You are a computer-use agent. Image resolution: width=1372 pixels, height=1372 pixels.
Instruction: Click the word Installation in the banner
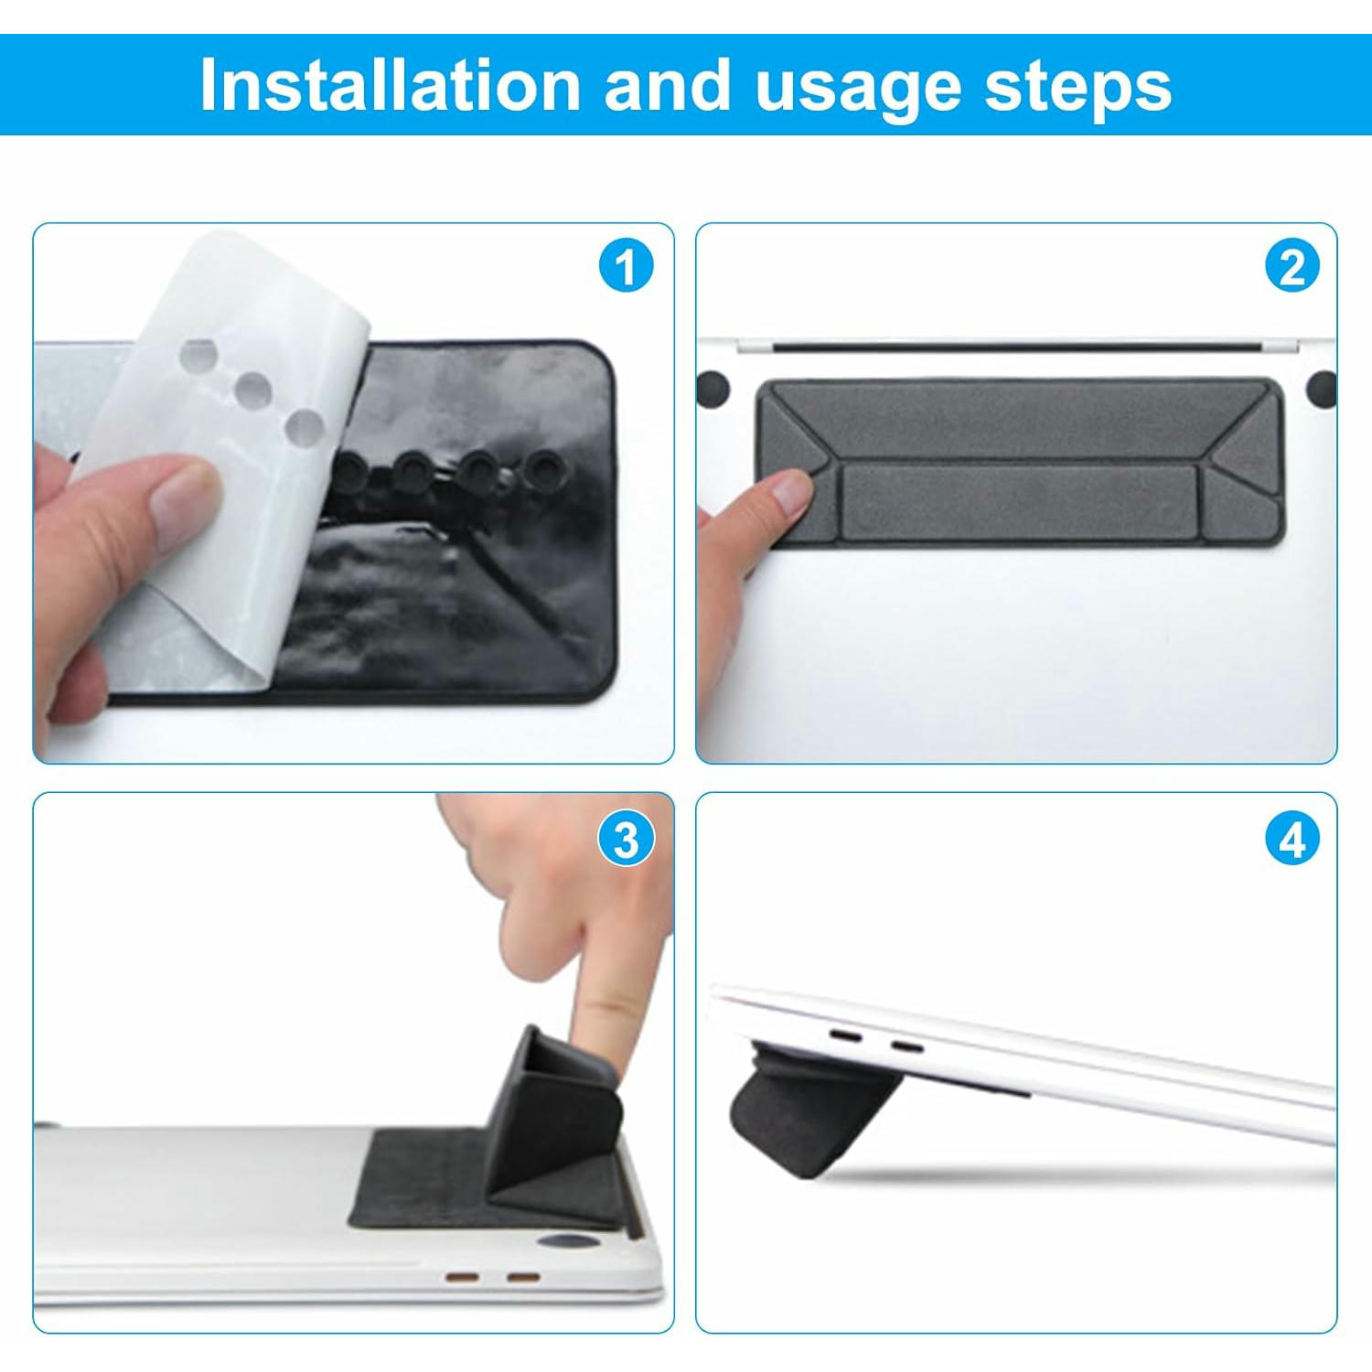click(391, 85)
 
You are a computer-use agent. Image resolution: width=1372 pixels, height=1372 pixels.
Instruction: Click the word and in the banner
click(668, 85)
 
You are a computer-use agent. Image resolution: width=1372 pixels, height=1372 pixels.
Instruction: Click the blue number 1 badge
click(627, 267)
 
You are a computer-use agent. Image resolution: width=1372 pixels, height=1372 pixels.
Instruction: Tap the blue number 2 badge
click(1292, 267)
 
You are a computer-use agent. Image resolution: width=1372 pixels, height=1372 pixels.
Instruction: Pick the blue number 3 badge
click(627, 839)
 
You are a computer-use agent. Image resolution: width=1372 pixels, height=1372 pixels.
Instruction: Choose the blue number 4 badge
click(1292, 839)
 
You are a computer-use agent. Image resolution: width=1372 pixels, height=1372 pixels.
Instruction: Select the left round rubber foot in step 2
click(712, 389)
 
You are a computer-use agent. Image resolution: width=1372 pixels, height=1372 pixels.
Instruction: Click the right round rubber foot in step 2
click(1322, 388)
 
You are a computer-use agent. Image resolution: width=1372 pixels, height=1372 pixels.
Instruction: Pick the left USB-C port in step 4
click(845, 1037)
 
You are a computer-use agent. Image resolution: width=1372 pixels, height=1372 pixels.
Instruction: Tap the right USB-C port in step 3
click(523, 1277)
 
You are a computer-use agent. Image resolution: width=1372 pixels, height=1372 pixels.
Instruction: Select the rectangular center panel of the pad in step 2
click(1019, 501)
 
